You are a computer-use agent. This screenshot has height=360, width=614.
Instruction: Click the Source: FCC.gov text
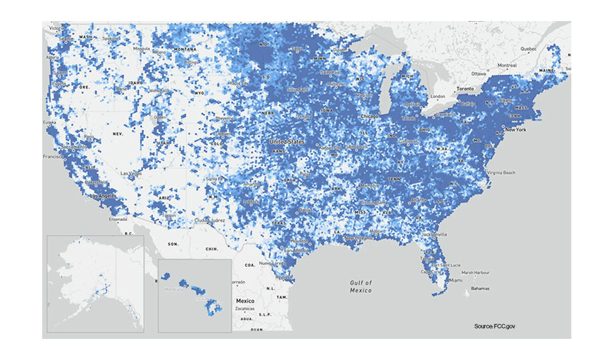tap(495, 326)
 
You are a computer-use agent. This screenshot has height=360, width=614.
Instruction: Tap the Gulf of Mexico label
tap(361, 287)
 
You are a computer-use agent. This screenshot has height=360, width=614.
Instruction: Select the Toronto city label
tap(465, 89)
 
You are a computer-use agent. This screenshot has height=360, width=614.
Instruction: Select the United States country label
tap(287, 142)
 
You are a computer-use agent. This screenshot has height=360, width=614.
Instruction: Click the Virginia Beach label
tap(501, 172)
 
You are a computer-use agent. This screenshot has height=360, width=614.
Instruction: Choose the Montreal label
tap(507, 65)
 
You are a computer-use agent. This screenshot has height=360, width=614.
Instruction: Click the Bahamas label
tap(480, 288)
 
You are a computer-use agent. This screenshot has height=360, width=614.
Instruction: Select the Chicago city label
tap(369, 116)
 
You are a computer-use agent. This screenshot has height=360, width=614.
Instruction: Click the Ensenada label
tap(118, 219)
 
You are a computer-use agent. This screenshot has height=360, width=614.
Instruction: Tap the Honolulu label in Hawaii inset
tap(174, 289)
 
